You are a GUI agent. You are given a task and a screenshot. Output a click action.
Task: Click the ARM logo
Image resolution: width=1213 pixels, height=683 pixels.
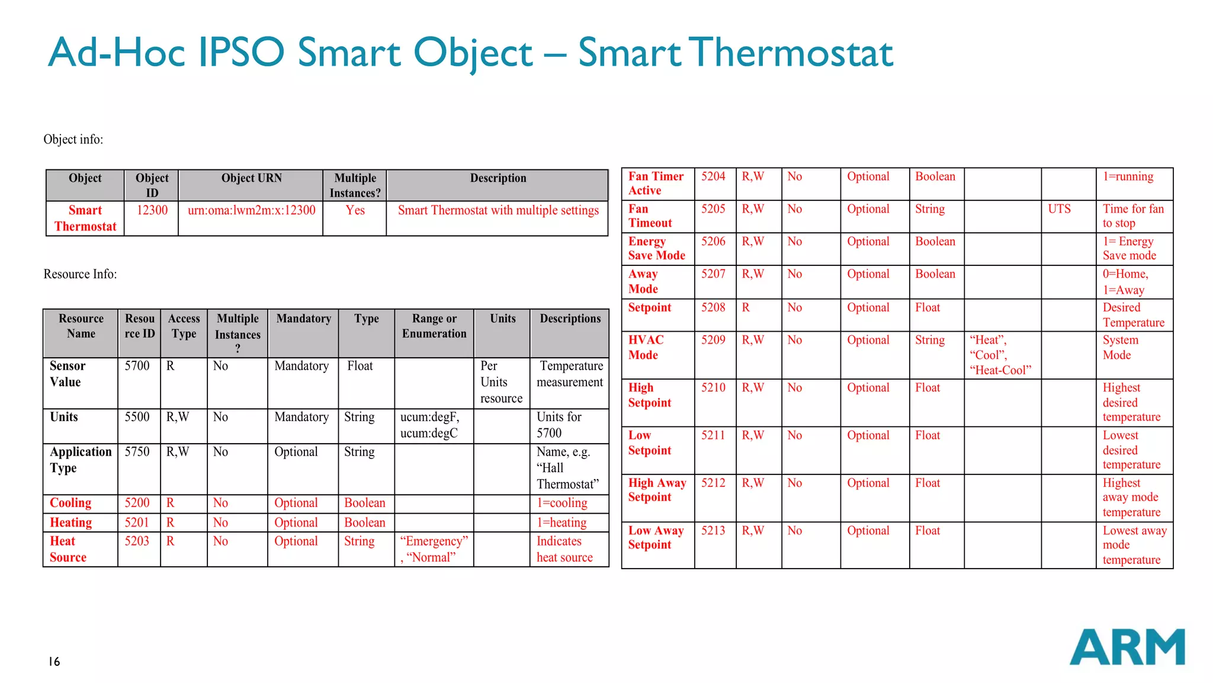point(1127,647)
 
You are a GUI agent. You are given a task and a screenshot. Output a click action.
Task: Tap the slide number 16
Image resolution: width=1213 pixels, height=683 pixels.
point(54,662)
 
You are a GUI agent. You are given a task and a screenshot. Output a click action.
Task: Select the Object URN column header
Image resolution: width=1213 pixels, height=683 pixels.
point(251,178)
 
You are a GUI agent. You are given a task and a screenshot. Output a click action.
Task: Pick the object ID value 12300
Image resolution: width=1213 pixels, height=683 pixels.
point(152,210)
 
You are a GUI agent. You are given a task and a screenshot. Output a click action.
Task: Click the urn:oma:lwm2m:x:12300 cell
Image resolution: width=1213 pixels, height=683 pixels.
point(251,210)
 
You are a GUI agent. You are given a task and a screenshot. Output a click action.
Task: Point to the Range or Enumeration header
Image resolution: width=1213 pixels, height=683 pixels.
point(434,326)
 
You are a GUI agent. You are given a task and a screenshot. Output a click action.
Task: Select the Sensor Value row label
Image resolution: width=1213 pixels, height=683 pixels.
point(68,374)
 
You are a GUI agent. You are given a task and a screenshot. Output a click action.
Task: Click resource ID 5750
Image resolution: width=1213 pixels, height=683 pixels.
point(137,452)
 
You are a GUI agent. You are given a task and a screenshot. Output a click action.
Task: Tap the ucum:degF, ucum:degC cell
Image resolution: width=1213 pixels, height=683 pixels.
point(429,425)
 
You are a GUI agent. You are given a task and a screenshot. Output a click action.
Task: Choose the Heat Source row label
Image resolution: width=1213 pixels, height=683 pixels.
point(68,549)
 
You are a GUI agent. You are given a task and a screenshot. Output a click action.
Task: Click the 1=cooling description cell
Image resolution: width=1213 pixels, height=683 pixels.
point(561,503)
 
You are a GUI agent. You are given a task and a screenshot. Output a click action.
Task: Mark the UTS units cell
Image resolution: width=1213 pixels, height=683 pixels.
point(1059,209)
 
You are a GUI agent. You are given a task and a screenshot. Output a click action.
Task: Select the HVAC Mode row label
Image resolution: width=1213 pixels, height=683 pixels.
point(646,347)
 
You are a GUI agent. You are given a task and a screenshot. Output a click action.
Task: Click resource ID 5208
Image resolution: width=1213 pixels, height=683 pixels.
point(713,307)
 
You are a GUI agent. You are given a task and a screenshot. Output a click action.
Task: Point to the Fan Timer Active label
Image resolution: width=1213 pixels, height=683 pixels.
point(656,183)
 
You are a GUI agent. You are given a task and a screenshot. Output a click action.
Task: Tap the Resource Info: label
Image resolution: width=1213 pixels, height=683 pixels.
point(80,274)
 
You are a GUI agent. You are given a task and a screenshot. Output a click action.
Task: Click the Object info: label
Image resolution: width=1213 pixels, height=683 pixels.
point(73,140)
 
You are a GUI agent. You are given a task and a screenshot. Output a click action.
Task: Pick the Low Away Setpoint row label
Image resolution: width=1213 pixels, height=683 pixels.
point(656,537)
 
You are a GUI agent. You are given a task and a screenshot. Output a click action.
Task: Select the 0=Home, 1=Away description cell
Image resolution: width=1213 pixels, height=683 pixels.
point(1125,282)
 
